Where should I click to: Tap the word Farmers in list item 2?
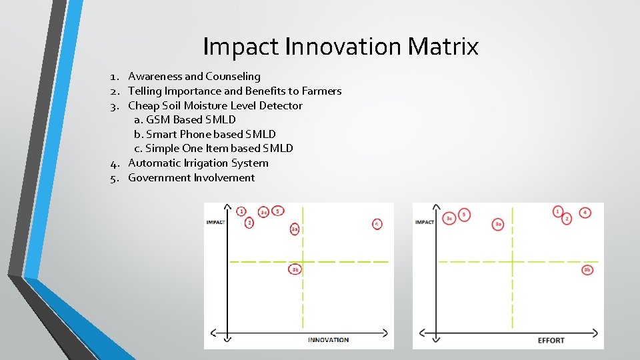tap(321, 91)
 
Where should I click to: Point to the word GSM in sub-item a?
tap(157, 120)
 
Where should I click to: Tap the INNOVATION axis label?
tap(328, 340)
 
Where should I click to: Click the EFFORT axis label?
tap(551, 341)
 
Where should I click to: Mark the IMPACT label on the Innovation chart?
tap(215, 221)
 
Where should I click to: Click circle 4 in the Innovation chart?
tap(377, 225)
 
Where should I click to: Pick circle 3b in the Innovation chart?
tap(295, 269)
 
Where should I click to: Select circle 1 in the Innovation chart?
tap(241, 211)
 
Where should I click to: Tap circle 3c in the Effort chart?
tap(449, 218)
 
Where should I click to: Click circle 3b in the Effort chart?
tap(587, 269)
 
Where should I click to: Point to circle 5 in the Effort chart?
tap(464, 215)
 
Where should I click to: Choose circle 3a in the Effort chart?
tap(498, 224)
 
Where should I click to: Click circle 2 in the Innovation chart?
tap(249, 223)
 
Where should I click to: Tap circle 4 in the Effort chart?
tap(585, 213)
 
